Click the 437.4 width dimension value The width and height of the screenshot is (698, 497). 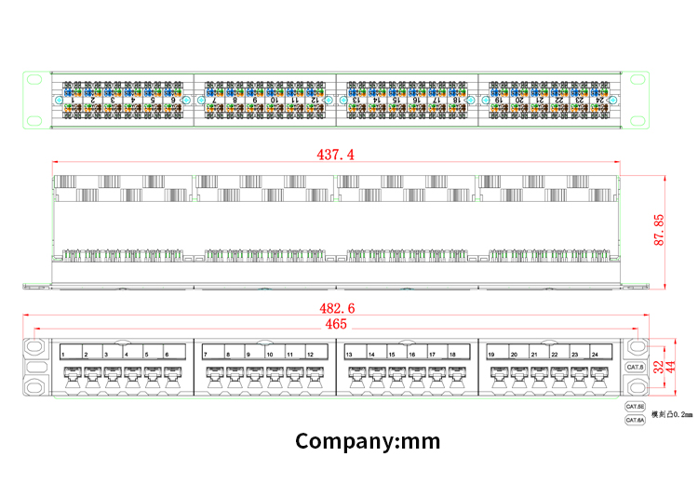(x=336, y=154)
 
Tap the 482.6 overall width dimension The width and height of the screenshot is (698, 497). (x=337, y=308)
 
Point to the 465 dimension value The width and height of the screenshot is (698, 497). (x=336, y=324)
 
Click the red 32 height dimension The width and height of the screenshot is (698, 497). (x=657, y=367)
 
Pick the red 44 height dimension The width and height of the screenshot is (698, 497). (x=670, y=367)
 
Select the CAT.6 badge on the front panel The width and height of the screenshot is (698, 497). (x=636, y=368)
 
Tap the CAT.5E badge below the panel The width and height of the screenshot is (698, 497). (x=636, y=407)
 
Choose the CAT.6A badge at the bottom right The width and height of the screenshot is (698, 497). (x=636, y=421)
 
